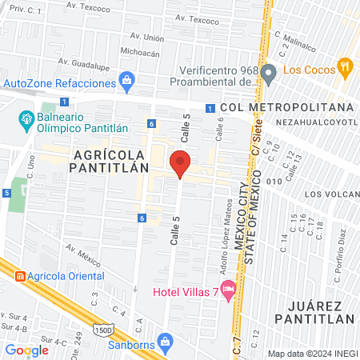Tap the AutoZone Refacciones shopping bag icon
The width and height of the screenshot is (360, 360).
(x=126, y=80)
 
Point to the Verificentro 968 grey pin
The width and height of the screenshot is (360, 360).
(x=270, y=76)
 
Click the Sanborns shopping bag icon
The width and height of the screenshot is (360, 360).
(x=166, y=342)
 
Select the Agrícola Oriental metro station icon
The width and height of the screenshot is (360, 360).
(x=18, y=276)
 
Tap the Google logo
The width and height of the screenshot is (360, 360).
(x=27, y=350)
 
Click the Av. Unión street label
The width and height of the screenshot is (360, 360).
(x=148, y=37)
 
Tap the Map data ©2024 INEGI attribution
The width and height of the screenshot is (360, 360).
(x=312, y=354)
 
